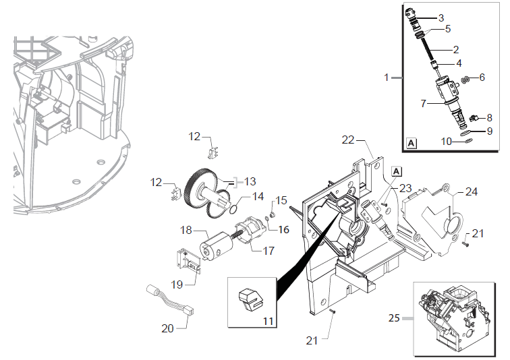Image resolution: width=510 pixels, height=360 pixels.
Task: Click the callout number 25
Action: [x=395, y=317]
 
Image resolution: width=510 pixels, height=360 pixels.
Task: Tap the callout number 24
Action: [x=470, y=191]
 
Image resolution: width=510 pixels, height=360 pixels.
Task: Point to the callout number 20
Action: [x=168, y=328]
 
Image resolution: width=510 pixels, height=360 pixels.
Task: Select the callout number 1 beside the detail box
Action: [x=387, y=78]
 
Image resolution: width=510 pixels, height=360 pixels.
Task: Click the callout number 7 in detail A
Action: [x=424, y=104]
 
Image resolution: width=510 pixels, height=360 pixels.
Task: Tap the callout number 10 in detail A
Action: [x=446, y=141]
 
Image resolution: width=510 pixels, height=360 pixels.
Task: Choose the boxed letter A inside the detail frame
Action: [x=412, y=143]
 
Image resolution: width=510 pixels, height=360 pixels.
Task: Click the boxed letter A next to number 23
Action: [x=396, y=171]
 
